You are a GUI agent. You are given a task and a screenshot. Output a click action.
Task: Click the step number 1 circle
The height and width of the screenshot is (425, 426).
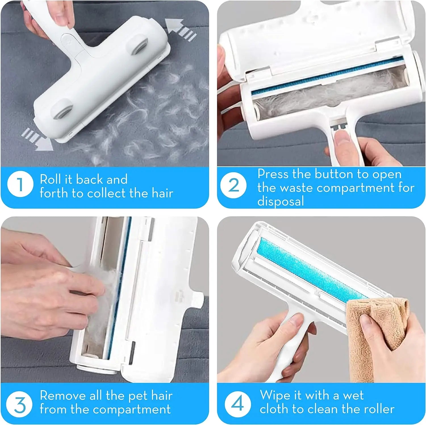pyautogui.click(x=20, y=185)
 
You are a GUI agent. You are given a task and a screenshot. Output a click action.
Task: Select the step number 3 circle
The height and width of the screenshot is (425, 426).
pyautogui.click(x=20, y=404)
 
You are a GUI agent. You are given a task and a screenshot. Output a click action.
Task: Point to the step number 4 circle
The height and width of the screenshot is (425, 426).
pyautogui.click(x=237, y=403)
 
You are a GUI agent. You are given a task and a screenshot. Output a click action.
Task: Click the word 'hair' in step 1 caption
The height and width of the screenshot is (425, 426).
pyautogui.click(x=162, y=193)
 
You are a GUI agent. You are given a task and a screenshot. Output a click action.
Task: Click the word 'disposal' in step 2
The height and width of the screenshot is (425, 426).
pyautogui.click(x=281, y=201)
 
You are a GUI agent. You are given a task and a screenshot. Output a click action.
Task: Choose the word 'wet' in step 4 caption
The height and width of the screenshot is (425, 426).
pyautogui.click(x=353, y=395)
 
